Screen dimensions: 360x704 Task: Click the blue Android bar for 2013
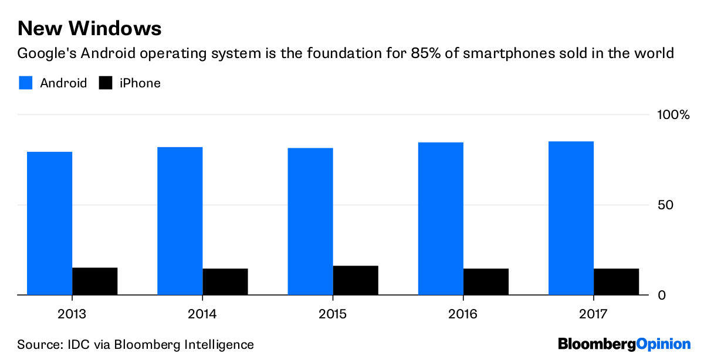[49, 223]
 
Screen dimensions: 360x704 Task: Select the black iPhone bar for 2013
[95, 281]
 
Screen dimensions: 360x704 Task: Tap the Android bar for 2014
[180, 220]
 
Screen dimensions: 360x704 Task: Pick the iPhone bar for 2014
[225, 281]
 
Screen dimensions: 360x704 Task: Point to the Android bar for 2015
[310, 221]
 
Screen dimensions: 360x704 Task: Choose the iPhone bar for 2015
[356, 280]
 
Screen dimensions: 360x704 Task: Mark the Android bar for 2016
[441, 218]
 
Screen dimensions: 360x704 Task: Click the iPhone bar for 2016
[486, 281]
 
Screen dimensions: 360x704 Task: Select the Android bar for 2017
[571, 218]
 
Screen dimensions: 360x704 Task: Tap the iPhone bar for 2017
[616, 281]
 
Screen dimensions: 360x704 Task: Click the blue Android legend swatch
[25, 83]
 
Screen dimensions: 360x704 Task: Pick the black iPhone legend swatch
[106, 83]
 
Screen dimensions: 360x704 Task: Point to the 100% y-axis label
[672, 114]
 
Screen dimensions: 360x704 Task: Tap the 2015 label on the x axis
[333, 314]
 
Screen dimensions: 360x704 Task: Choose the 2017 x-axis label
[594, 314]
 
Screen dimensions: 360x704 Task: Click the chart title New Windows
[89, 28]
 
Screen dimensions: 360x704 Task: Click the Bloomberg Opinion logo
[624, 344]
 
